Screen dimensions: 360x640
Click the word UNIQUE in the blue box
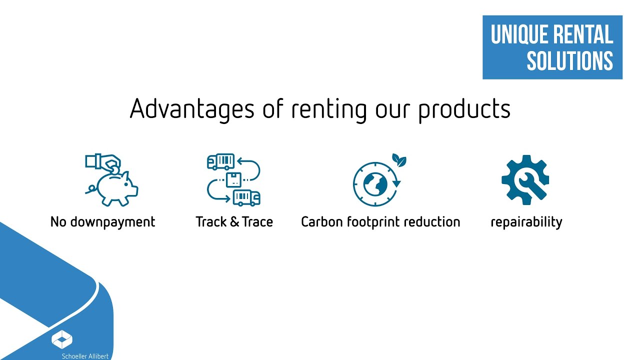pyautogui.click(x=517, y=35)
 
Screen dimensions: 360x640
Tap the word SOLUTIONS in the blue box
pyautogui.click(x=569, y=61)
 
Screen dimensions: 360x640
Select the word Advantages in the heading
pyautogui.click(x=192, y=109)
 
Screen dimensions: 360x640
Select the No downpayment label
pyautogui.click(x=103, y=222)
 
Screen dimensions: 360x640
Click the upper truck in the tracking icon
pyautogui.click(x=220, y=161)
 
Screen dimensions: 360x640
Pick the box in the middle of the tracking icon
pyautogui.click(x=233, y=179)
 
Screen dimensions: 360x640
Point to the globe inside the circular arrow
pyautogui.click(x=375, y=184)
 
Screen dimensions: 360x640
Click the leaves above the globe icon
pyautogui.click(x=399, y=160)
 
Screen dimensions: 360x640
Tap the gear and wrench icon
pyautogui.click(x=525, y=179)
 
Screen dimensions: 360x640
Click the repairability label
pyautogui.click(x=526, y=222)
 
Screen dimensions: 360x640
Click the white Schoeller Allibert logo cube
pyautogui.click(x=62, y=339)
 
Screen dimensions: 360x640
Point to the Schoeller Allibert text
pyautogui.click(x=85, y=356)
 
